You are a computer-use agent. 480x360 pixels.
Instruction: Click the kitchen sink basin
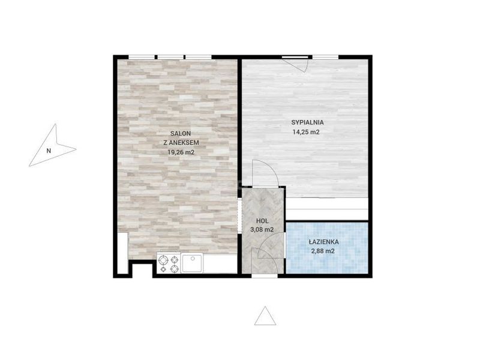tap(192, 263)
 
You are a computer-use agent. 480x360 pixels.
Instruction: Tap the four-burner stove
tap(169, 264)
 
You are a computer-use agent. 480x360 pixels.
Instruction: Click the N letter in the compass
tap(49, 151)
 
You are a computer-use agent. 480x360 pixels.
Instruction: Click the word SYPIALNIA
tap(307, 122)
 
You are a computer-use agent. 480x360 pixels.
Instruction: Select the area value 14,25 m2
tap(306, 132)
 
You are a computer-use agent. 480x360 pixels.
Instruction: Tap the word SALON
tap(181, 133)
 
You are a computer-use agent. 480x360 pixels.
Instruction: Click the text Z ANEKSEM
tap(181, 143)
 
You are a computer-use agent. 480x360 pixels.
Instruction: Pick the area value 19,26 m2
tap(181, 152)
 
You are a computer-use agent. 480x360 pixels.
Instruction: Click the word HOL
tap(262, 221)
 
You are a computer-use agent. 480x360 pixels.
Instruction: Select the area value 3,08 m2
tap(262, 230)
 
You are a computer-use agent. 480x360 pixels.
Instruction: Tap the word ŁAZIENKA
tap(324, 242)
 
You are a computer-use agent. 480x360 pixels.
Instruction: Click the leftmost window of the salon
tap(141, 57)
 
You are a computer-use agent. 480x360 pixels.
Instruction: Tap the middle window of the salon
tap(170, 57)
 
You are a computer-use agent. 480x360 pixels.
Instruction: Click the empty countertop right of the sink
tap(220, 263)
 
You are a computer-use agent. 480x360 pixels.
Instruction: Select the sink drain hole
tap(193, 259)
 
